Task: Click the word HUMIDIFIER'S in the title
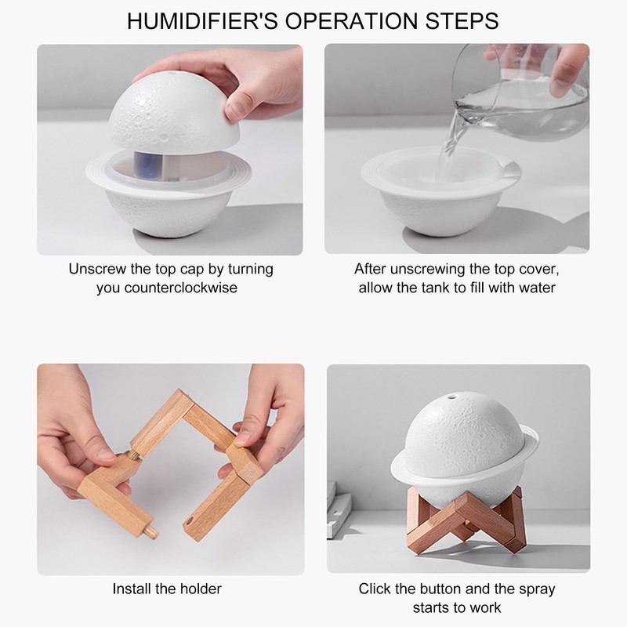(202, 21)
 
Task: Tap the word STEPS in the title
(462, 21)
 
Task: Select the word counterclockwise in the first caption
(181, 288)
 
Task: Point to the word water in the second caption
(536, 288)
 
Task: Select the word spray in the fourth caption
(537, 590)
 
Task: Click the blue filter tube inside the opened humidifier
(148, 164)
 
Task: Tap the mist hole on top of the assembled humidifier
(451, 397)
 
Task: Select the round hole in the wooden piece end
(189, 520)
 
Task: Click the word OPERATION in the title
(350, 21)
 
